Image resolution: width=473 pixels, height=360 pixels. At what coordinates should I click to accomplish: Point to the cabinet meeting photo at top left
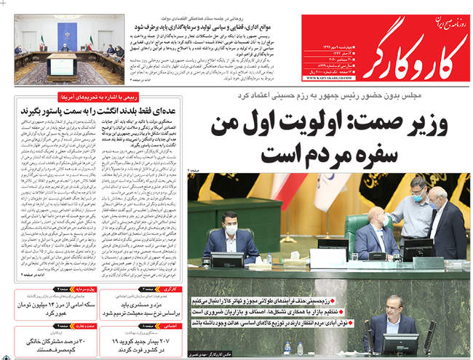[x=68, y=50]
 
